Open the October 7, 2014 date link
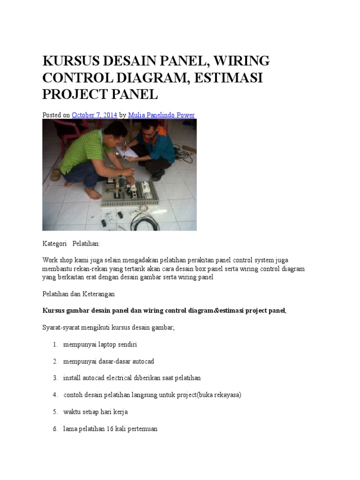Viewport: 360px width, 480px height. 94,115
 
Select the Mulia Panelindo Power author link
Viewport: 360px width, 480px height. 161,115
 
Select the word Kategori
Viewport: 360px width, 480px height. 54,244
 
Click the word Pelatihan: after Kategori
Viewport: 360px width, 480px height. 86,244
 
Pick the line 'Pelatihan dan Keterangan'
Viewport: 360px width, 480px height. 78,294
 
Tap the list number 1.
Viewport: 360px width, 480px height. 55,345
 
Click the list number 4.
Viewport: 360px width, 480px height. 55,395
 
